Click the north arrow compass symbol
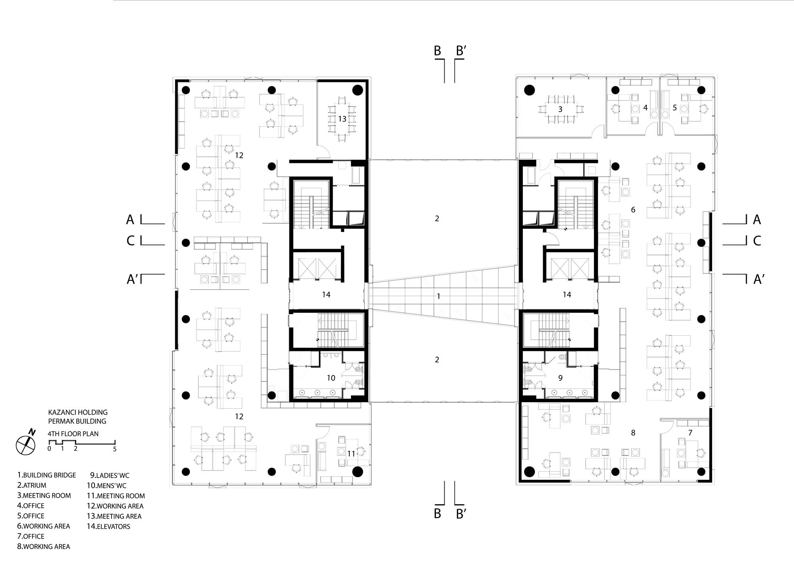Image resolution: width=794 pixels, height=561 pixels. pos(26,445)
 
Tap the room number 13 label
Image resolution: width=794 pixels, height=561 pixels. pos(342,119)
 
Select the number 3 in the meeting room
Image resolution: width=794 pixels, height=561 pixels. pos(560,109)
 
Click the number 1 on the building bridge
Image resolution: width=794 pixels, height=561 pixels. pos(438,296)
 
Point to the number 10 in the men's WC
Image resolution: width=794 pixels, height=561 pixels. pos(331,378)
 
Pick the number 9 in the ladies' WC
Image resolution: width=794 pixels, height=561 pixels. pos(560,378)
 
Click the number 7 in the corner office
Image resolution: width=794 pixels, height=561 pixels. pos(690,433)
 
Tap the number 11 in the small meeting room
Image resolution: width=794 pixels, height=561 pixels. pos(351,453)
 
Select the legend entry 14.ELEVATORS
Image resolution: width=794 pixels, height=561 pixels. pos(108,526)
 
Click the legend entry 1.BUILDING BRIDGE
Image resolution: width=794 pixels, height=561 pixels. pos(46,475)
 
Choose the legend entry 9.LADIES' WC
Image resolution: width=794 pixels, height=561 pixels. pos(110,475)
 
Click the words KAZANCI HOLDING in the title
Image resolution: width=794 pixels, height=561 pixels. pos(78,412)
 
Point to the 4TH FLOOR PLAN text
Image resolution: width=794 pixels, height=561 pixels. pos(73,434)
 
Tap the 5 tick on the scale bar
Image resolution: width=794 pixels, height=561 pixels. pos(115,449)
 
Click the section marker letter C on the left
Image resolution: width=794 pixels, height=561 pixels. pos(131,241)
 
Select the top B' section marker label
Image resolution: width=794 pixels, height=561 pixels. pos(461,51)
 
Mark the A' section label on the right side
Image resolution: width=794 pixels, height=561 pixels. pos(759,279)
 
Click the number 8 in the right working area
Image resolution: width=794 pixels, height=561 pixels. pos(633,433)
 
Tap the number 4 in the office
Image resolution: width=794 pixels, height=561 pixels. pos(646,108)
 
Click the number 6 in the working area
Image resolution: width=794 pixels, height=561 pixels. pos(633,209)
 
